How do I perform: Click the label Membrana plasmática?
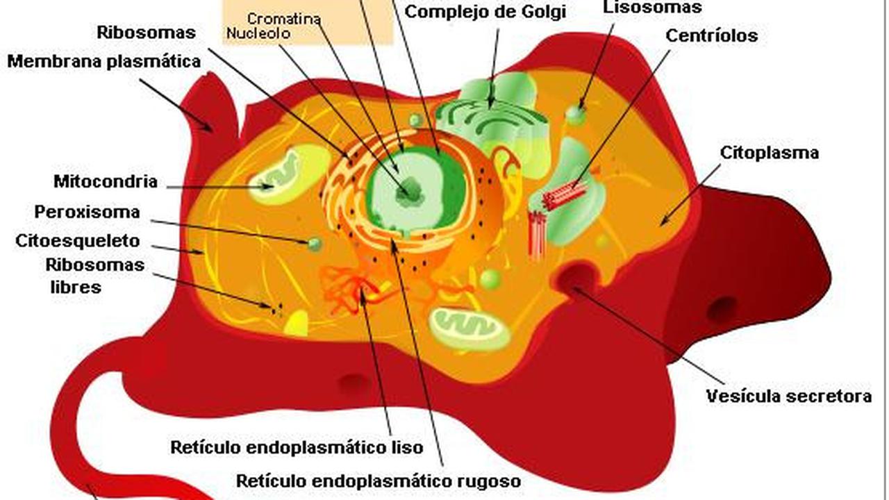tap(104, 62)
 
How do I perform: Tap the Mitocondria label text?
tap(106, 182)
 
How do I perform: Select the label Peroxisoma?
tap(87, 212)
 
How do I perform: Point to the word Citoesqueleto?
tap(78, 241)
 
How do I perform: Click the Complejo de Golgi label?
tap(485, 12)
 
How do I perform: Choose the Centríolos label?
tap(711, 35)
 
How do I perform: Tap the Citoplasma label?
tap(769, 153)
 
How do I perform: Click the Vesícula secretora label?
tap(788, 397)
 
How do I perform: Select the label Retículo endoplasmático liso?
tap(297, 447)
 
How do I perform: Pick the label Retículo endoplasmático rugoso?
tap(379, 481)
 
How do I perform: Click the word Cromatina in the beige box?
tap(284, 19)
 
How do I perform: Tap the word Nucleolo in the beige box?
tap(258, 33)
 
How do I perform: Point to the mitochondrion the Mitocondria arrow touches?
tap(274, 175)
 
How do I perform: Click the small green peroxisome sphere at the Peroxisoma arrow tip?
tap(315, 244)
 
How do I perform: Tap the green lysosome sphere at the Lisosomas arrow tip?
tap(576, 114)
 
